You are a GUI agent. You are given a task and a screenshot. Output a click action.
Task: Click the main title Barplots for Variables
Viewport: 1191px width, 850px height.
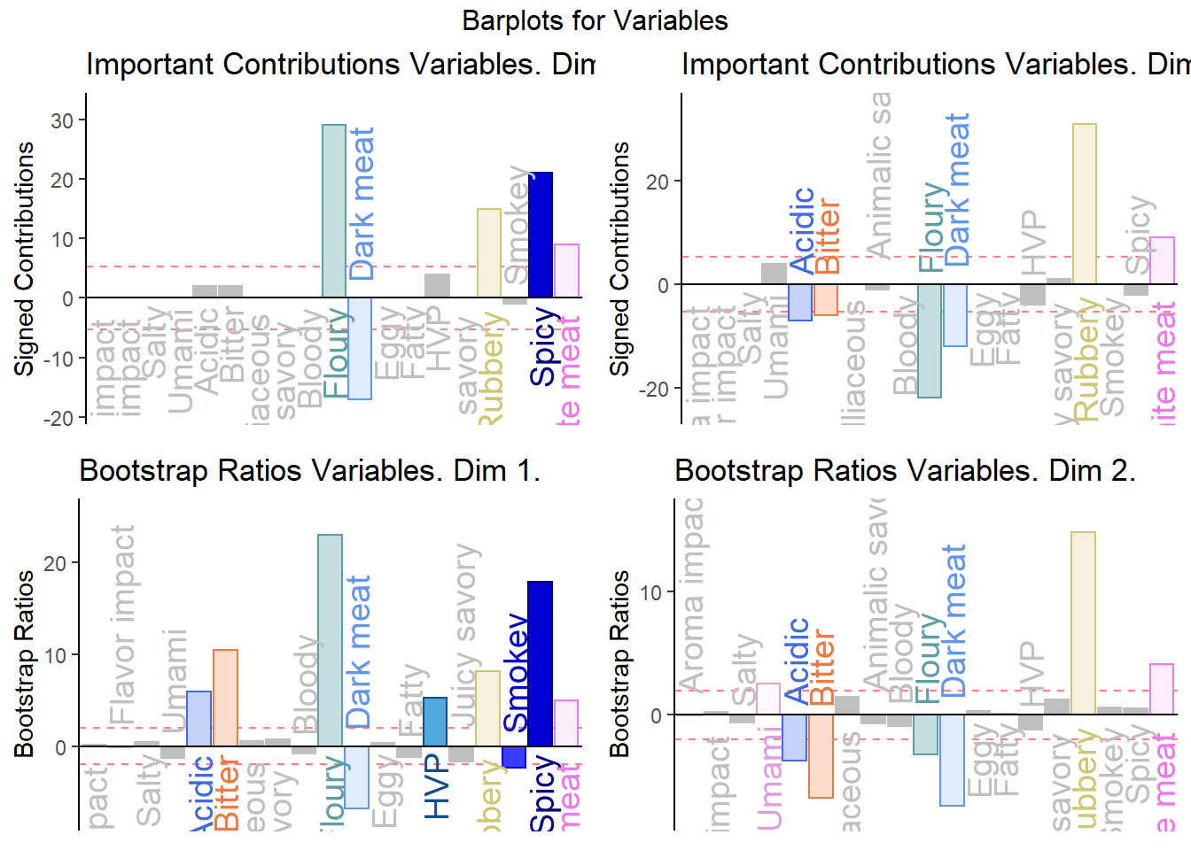coord(595,20)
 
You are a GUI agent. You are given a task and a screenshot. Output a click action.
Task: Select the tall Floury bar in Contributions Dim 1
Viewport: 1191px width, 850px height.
coord(334,211)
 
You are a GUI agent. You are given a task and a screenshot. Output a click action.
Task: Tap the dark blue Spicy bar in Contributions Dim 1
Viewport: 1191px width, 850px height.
coord(541,235)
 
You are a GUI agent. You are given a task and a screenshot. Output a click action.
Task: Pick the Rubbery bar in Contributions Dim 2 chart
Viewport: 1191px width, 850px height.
coord(1085,204)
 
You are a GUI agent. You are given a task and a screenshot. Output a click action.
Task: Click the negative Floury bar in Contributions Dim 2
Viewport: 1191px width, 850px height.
coord(930,341)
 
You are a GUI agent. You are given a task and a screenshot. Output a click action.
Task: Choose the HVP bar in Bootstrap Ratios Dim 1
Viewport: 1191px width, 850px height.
coord(435,722)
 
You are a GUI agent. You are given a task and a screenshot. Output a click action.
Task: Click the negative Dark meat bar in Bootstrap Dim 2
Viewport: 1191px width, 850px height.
coord(953,760)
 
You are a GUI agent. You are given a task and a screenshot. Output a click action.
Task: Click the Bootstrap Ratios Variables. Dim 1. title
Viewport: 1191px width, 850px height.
coord(309,470)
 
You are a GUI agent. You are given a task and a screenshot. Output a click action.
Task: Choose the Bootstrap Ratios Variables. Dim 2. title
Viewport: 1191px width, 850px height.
coord(905,470)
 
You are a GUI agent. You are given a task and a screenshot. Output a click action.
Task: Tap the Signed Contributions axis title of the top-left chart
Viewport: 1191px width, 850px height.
coord(24,259)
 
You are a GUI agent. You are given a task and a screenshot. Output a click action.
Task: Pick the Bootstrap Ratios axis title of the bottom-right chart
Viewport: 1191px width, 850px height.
coord(619,664)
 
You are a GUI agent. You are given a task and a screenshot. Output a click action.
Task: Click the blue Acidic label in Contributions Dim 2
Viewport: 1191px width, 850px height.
coord(802,230)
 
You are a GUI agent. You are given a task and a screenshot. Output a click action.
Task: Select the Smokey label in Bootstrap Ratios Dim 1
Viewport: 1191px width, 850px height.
coord(516,673)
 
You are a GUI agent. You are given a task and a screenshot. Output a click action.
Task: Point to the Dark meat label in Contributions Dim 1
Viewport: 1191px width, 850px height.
coord(362,204)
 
